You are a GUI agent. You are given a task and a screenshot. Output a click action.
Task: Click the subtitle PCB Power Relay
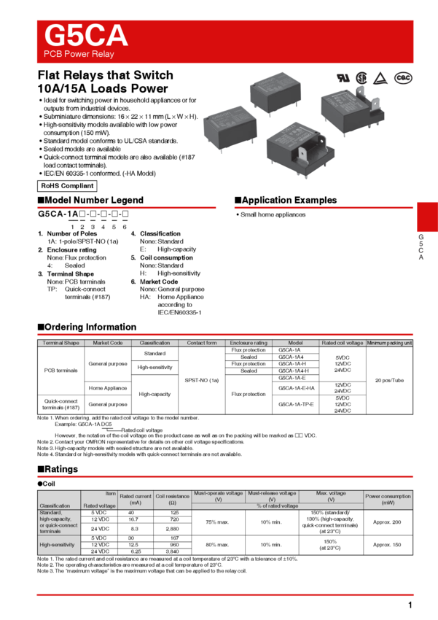pyautogui.click(x=79, y=55)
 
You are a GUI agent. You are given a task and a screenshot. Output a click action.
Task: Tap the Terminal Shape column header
pyautogui.click(x=61, y=343)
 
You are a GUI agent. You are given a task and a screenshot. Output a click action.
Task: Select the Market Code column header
pyautogui.click(x=108, y=343)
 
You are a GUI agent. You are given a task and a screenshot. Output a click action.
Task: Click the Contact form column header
pyautogui.click(x=202, y=343)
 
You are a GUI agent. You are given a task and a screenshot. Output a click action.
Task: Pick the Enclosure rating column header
pyautogui.click(x=249, y=343)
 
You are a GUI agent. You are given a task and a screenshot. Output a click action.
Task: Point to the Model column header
pyautogui.click(x=295, y=343)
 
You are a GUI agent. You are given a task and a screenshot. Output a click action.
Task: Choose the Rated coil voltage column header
pyautogui.click(x=342, y=343)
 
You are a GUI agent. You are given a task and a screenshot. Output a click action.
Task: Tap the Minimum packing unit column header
pyautogui.click(x=389, y=343)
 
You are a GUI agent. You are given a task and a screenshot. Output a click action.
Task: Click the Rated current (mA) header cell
pyautogui.click(x=136, y=500)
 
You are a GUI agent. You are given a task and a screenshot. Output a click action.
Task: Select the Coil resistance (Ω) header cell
pyautogui.click(x=172, y=500)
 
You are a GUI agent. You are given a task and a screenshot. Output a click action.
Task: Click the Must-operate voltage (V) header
pyautogui.click(x=218, y=496)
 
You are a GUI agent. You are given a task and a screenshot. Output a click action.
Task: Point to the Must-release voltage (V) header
pyautogui.click(x=272, y=496)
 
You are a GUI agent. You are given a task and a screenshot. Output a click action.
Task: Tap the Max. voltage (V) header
pyautogui.click(x=331, y=496)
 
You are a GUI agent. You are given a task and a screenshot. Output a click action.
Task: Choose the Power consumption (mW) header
pyautogui.click(x=388, y=500)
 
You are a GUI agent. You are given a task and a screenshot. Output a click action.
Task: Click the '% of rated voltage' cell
pyautogui.click(x=277, y=506)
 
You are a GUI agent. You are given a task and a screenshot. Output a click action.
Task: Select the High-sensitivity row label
pyautogui.click(x=58, y=544)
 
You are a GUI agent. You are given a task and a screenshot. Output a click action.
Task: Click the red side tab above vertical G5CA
pyautogui.click(x=427, y=217)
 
